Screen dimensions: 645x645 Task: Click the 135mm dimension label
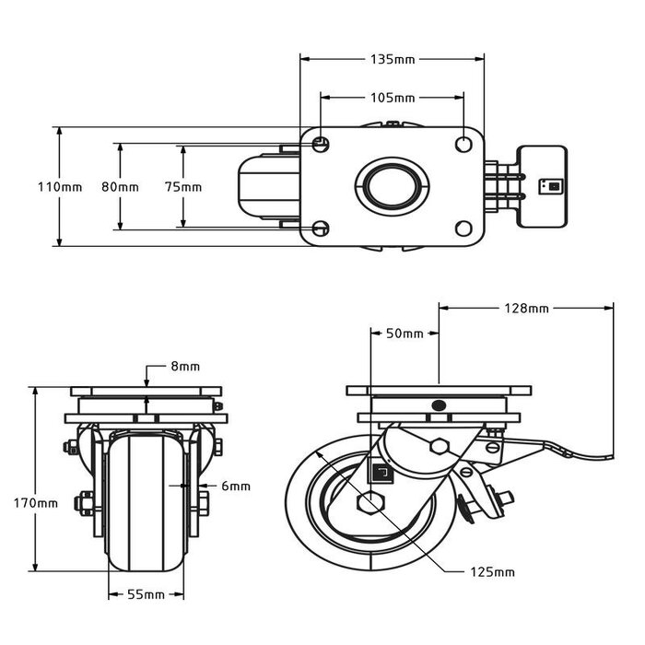pyautogui.click(x=392, y=60)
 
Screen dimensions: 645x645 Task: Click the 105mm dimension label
pyautogui.click(x=392, y=97)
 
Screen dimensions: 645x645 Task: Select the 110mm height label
pyautogui.click(x=59, y=186)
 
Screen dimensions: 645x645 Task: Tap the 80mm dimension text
pyautogui.click(x=120, y=186)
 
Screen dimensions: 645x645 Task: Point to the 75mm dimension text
pyautogui.click(x=182, y=186)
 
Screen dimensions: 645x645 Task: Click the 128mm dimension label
pyautogui.click(x=526, y=308)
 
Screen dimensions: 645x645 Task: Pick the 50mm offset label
pyautogui.click(x=405, y=333)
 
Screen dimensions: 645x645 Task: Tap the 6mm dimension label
pyautogui.click(x=236, y=486)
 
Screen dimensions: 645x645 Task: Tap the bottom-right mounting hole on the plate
pyautogui.click(x=463, y=228)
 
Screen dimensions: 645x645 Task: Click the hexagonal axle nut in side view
pyautogui.click(x=369, y=504)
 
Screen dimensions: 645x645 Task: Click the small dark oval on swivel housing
pyautogui.click(x=437, y=405)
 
